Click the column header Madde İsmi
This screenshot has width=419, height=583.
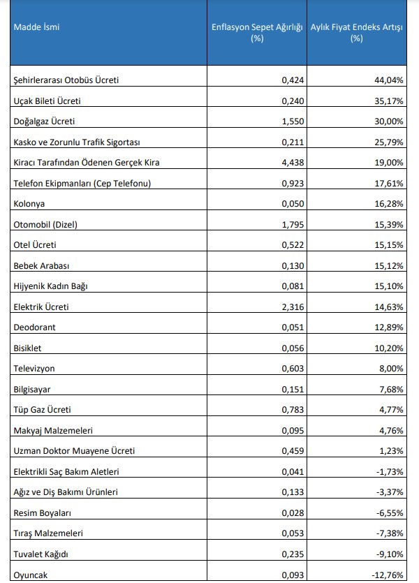[x=33, y=29]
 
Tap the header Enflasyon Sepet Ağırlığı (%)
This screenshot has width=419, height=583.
[x=256, y=33]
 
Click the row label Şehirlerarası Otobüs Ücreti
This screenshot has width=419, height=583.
[x=66, y=80]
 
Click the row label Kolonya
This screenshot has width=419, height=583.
[x=29, y=204]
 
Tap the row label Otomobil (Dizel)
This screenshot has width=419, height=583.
[x=46, y=225]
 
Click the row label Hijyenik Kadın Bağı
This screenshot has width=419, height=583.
[x=51, y=286]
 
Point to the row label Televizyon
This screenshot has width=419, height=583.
[x=35, y=369]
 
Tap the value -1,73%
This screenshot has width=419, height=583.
[x=390, y=472]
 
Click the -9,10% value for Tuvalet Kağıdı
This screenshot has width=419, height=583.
[x=390, y=554]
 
